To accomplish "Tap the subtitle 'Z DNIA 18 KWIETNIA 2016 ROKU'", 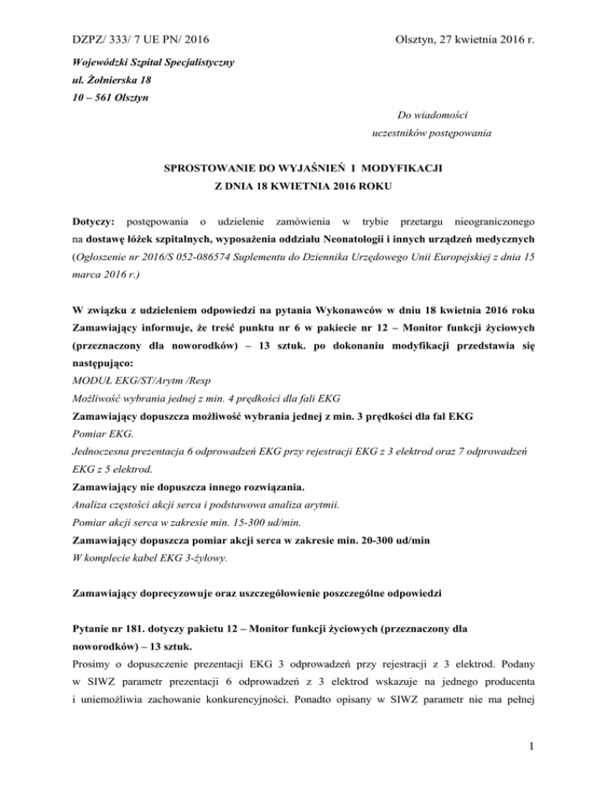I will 303,187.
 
